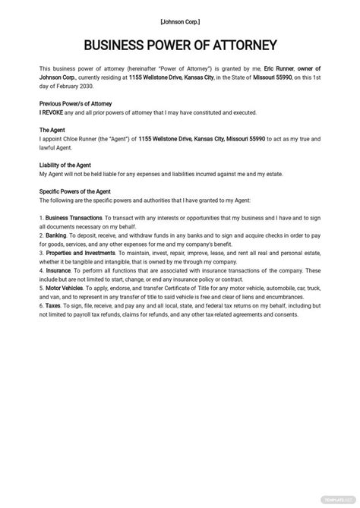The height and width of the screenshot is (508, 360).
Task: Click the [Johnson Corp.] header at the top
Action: [180, 23]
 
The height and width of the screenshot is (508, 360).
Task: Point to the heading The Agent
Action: [53, 130]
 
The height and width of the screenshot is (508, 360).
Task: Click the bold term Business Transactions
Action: [73, 218]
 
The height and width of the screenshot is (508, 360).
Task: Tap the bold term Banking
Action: [56, 235]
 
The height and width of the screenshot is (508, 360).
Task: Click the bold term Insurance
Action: [58, 270]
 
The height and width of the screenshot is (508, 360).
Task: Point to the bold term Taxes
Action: [53, 305]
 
